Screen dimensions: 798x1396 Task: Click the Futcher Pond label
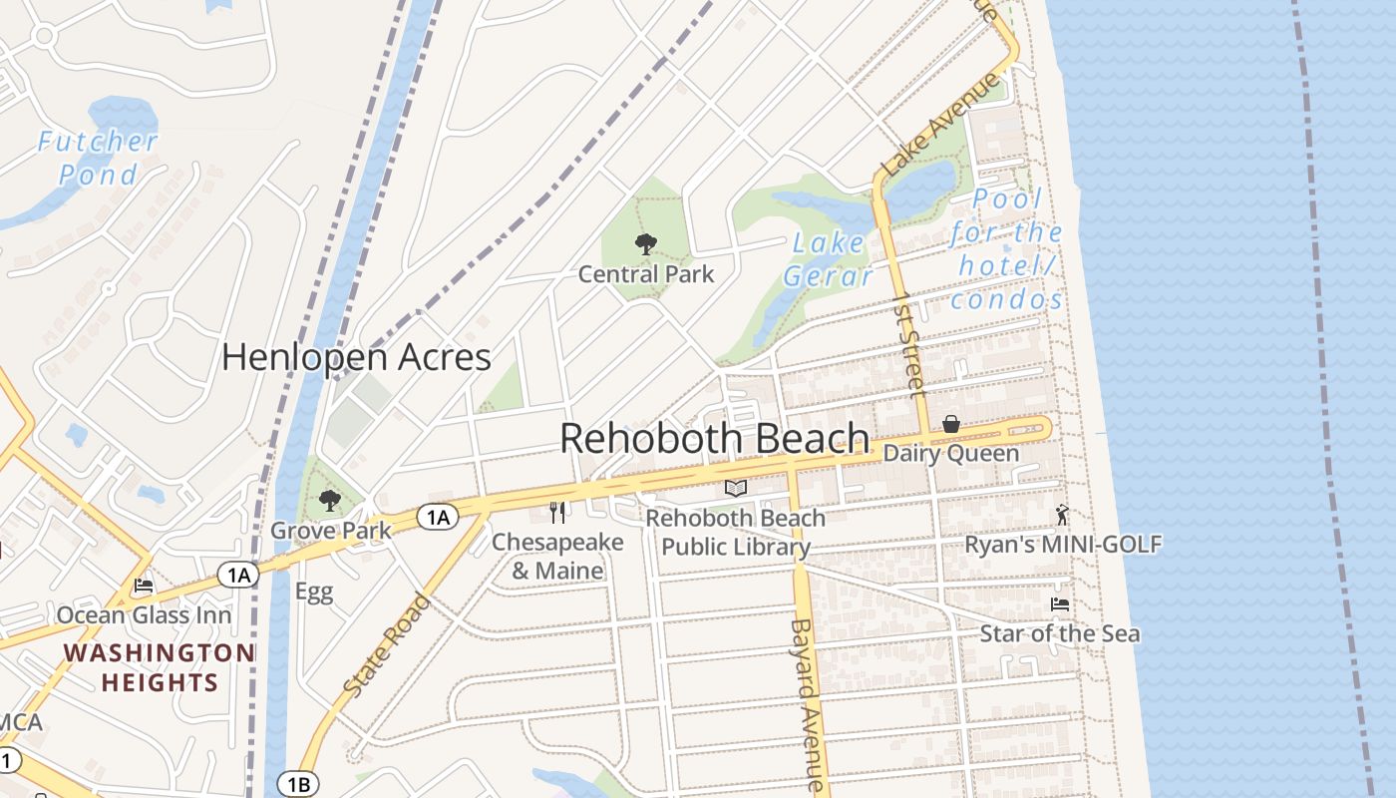pyautogui.click(x=98, y=158)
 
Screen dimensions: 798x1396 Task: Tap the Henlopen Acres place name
pyautogui.click(x=356, y=357)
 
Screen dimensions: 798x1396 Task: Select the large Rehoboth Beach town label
pyautogui.click(x=714, y=438)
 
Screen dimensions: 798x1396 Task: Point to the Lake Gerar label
pyautogui.click(x=828, y=259)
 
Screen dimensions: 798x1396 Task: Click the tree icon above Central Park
pyautogui.click(x=646, y=243)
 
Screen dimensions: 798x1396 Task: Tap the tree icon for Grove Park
pyautogui.click(x=330, y=501)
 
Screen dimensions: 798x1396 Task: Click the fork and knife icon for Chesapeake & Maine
pyautogui.click(x=557, y=513)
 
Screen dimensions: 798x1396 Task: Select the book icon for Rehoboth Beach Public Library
pyautogui.click(x=736, y=489)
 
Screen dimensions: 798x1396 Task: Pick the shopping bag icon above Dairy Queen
pyautogui.click(x=951, y=425)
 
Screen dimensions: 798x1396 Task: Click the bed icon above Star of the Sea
pyautogui.click(x=1059, y=604)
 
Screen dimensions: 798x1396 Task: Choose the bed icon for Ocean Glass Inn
pyautogui.click(x=144, y=586)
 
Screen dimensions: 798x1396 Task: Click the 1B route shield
pyautogui.click(x=297, y=783)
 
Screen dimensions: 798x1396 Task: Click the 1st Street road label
pyautogui.click(x=909, y=344)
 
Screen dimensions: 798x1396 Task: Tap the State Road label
pyautogui.click(x=388, y=644)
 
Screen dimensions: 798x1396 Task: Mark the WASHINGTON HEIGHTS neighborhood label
pyautogui.click(x=159, y=667)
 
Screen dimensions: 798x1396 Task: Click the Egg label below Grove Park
pyautogui.click(x=313, y=592)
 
